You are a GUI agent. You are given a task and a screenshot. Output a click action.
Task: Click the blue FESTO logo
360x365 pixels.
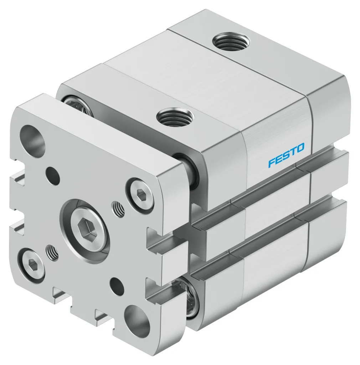tap(286, 155)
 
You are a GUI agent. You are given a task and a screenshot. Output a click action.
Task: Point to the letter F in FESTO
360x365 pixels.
tap(272, 163)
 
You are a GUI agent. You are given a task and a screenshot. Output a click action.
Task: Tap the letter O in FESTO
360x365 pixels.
tap(300, 147)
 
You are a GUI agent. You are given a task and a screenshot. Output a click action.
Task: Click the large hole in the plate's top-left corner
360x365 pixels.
tap(33, 138)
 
